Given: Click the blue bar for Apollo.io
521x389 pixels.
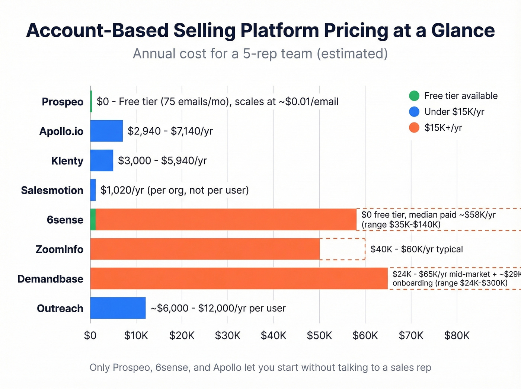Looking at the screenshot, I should point(106,131).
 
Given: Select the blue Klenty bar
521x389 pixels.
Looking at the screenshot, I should point(102,160).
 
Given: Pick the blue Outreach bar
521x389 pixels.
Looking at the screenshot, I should point(118,308).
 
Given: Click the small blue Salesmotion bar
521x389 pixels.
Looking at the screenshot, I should point(93,190).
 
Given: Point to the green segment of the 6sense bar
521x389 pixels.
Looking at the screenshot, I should point(93,220).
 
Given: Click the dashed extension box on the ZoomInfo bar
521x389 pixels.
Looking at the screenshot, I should point(342,249).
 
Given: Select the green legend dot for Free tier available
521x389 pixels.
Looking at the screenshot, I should point(414,96).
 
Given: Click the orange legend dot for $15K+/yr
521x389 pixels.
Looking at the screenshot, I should point(414,128).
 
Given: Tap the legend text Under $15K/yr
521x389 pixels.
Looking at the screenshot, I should point(454,112).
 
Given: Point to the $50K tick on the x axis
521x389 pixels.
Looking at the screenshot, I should point(319,335).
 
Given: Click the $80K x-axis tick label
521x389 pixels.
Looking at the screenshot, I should point(457,335).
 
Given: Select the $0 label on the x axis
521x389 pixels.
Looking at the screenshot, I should point(90,335).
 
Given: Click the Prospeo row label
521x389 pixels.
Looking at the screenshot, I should point(63,102).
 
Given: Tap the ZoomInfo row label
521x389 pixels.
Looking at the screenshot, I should point(60,249).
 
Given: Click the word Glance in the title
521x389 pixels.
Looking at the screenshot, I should point(463,31).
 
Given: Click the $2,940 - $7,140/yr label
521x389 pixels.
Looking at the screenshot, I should point(170,131).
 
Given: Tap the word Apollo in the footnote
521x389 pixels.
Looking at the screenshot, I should point(227,367).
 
